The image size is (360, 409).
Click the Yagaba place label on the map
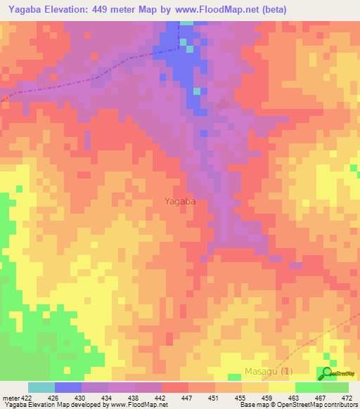click(180, 201)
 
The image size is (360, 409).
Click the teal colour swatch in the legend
click(41, 387)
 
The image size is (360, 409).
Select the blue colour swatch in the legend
click(68, 387)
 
